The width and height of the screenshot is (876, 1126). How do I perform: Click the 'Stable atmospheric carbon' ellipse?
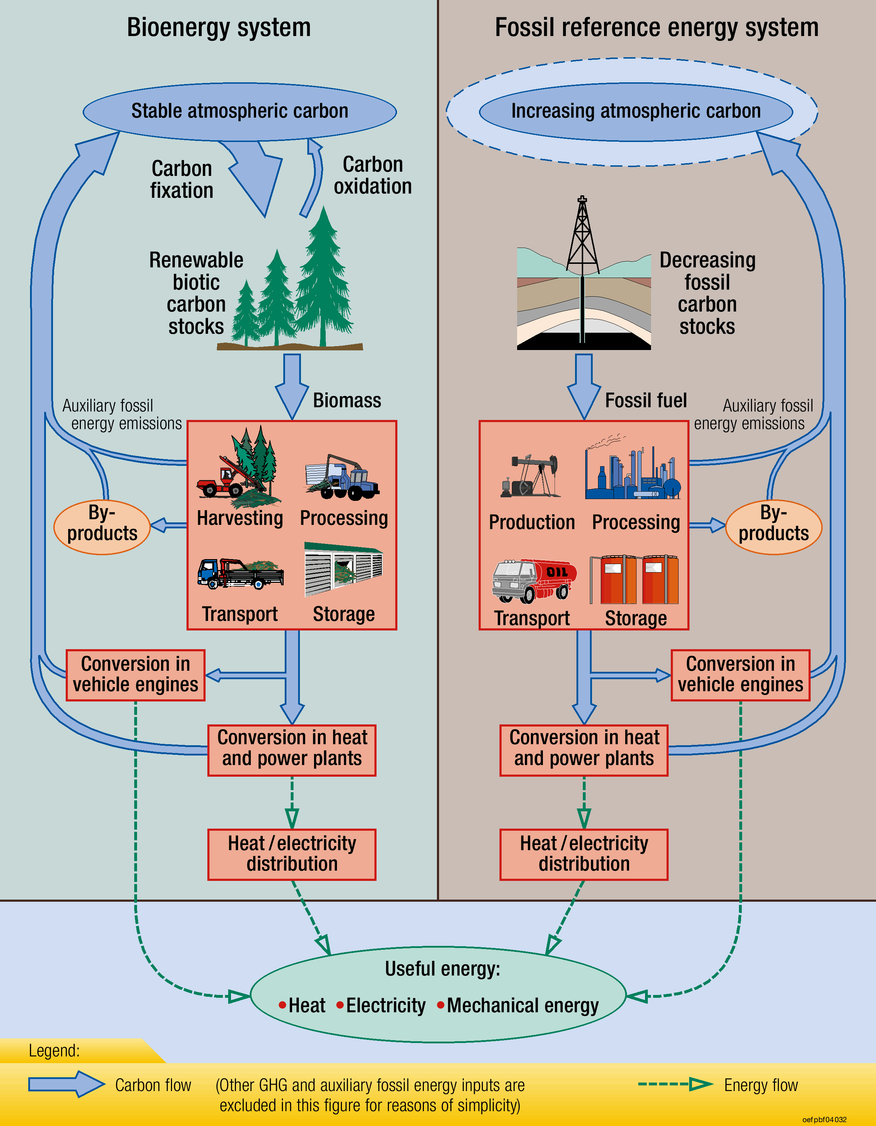[x=240, y=111]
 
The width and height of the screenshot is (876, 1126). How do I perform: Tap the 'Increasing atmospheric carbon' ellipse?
[x=636, y=111]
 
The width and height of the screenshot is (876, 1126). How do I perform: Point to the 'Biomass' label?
[x=347, y=401]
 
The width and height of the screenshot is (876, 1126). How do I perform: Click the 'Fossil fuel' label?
[x=646, y=401]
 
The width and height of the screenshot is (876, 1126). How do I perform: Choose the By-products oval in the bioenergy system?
[x=102, y=527]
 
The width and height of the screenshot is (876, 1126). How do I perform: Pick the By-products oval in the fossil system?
[x=774, y=527]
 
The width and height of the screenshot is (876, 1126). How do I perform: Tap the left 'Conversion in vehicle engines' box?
[x=136, y=675]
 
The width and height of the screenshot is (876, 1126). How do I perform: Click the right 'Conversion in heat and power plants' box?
[x=584, y=750]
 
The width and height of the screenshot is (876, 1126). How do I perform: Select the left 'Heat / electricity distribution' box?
[x=292, y=854]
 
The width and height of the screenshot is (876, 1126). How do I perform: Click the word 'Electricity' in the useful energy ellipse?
[x=386, y=1005]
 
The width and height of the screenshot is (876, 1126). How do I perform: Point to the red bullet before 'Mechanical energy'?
[x=441, y=1005]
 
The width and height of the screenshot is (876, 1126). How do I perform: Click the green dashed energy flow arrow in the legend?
[x=675, y=1084]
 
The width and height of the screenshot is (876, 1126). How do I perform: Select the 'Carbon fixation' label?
[x=182, y=179]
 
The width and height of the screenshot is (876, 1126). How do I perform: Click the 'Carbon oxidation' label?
[x=372, y=175]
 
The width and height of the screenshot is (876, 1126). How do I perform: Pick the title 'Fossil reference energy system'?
[x=656, y=27]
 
